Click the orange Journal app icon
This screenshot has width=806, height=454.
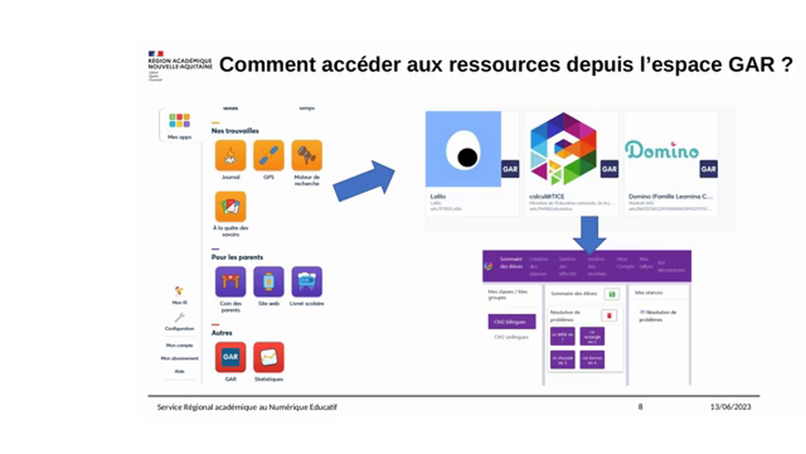(230, 155)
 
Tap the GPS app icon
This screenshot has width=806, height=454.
(269, 155)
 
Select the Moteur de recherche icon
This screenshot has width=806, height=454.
(307, 155)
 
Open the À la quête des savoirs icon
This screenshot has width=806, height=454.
(230, 207)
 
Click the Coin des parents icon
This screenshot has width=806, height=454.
(230, 282)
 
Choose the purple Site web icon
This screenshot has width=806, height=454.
(269, 282)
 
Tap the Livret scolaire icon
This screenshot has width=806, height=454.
(307, 282)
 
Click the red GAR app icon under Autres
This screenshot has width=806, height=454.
(230, 358)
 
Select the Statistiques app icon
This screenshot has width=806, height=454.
(269, 358)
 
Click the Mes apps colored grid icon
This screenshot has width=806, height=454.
(179, 120)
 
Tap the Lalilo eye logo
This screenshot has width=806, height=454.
(463, 149)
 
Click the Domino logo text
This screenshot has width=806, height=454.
(662, 150)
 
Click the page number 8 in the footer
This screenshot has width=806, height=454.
(640, 407)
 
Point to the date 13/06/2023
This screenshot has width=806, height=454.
(730, 407)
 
